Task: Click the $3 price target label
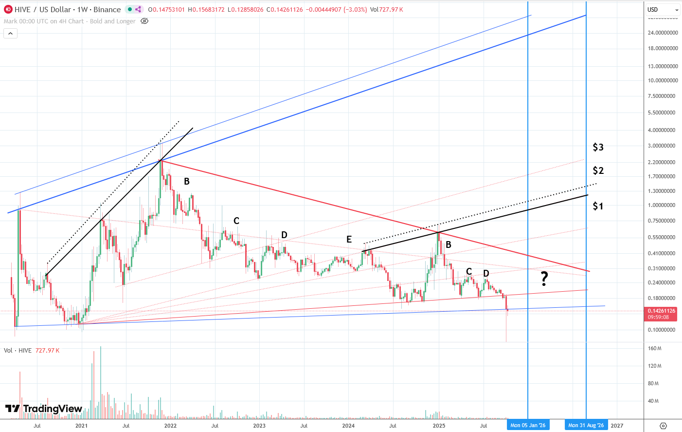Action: click(x=598, y=147)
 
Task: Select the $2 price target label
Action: click(x=598, y=170)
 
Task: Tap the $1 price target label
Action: click(x=598, y=206)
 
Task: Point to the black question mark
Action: click(x=544, y=279)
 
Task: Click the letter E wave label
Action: click(x=349, y=239)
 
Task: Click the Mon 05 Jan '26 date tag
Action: click(x=528, y=425)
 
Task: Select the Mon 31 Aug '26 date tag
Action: click(x=586, y=425)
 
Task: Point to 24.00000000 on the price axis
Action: click(x=663, y=33)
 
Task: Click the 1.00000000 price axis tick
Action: click(x=661, y=206)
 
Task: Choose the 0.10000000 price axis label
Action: click(x=661, y=330)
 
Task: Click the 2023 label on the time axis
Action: click(x=259, y=425)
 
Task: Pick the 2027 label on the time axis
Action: click(x=617, y=425)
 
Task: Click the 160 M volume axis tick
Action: click(x=655, y=349)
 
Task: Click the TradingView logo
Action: click(x=44, y=409)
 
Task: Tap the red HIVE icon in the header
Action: click(x=8, y=9)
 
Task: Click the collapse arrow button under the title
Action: click(x=10, y=33)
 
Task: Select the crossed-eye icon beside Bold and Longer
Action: click(x=144, y=21)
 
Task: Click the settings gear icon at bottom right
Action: click(x=663, y=426)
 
